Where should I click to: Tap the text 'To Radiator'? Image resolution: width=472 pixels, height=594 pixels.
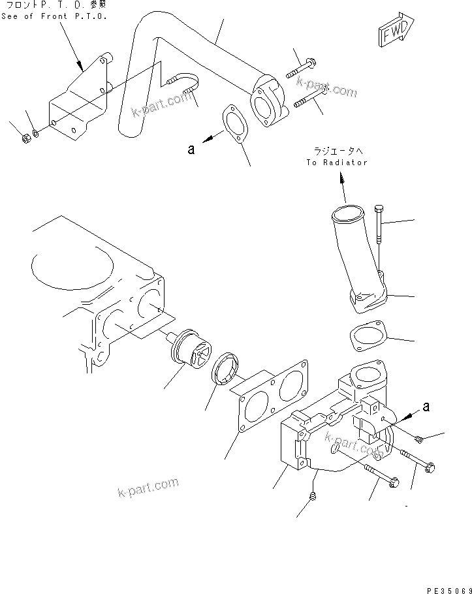click(337, 163)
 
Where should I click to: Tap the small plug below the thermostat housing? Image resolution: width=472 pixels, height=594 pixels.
click(314, 498)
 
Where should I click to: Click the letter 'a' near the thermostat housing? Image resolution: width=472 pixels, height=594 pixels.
click(426, 407)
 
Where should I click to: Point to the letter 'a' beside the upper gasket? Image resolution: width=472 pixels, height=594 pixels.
click(191, 149)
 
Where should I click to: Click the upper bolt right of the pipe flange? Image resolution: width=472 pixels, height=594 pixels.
click(302, 66)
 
